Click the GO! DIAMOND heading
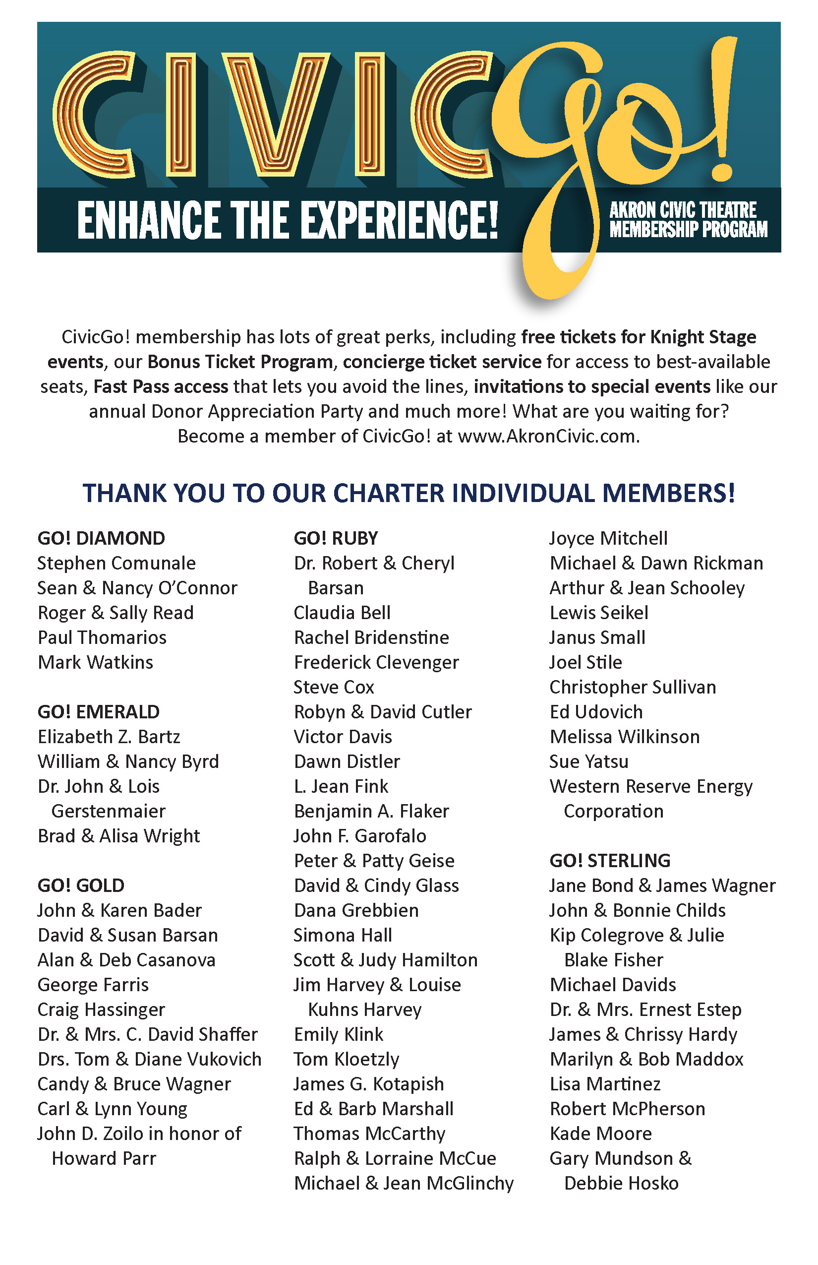click(101, 538)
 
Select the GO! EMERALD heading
click(98, 712)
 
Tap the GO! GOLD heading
click(81, 886)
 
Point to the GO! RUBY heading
click(336, 538)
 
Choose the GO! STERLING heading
click(610, 861)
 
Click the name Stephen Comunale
click(117, 564)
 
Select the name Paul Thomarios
click(102, 638)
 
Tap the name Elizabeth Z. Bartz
click(109, 737)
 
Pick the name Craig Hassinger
click(101, 1010)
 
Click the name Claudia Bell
click(342, 613)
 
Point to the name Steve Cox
click(334, 687)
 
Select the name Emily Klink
click(338, 1035)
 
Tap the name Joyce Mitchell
click(608, 538)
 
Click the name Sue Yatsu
click(588, 761)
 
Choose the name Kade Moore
click(600, 1134)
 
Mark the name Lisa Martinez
click(605, 1084)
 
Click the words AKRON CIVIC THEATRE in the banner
click(683, 210)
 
